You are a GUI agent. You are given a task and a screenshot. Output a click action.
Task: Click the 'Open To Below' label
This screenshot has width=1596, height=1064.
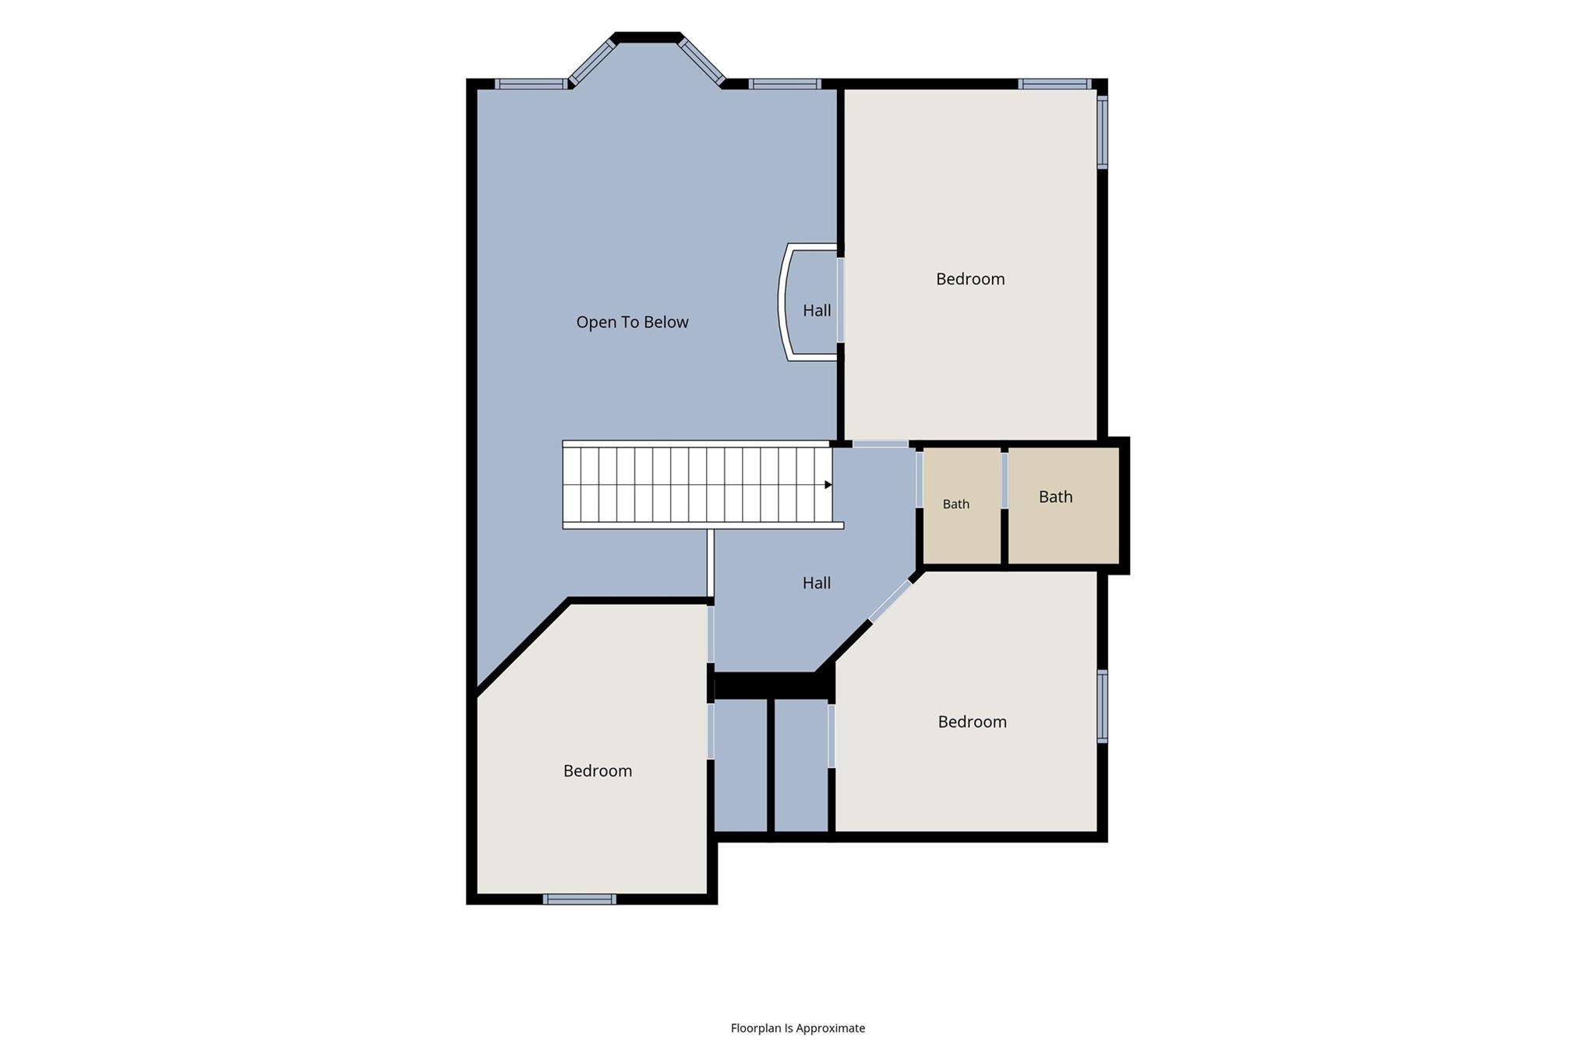(632, 322)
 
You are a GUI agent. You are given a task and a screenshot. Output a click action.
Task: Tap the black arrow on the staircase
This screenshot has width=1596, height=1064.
(828, 485)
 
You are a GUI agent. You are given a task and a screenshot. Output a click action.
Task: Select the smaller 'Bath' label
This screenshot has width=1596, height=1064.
(956, 504)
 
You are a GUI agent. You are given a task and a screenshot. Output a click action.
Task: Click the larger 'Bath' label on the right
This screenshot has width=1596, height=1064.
(1056, 497)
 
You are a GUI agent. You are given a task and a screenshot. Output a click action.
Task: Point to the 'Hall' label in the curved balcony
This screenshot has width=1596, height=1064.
(817, 310)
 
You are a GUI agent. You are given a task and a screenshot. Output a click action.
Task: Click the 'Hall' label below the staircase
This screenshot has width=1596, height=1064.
(817, 582)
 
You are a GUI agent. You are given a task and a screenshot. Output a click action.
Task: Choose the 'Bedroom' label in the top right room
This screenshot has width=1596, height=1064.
(970, 279)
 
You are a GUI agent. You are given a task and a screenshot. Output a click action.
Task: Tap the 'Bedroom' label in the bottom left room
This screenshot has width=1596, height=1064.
(598, 771)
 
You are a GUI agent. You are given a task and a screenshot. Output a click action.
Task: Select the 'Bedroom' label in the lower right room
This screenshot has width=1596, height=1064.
(973, 722)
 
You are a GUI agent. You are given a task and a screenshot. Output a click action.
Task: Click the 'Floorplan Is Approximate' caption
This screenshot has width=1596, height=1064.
(798, 1028)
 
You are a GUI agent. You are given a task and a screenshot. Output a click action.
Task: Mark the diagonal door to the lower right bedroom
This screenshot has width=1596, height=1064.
(890, 601)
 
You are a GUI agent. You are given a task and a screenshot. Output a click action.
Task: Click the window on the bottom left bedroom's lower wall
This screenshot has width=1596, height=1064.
(580, 899)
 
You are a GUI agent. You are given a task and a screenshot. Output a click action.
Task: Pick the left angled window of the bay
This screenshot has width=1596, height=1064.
(592, 62)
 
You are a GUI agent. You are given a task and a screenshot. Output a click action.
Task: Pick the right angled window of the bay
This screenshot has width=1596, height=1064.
(701, 61)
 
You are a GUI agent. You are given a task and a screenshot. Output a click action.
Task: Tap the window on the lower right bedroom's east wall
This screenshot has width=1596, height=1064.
(1102, 706)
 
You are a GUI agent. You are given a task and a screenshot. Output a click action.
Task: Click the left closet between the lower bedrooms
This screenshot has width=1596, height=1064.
(740, 765)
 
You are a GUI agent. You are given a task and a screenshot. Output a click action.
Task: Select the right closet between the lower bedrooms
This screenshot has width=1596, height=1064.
(801, 765)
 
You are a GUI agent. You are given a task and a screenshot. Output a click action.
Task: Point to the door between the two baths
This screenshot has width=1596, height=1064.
(1005, 481)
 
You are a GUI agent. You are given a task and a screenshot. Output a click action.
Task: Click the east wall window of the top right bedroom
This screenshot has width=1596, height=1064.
(1102, 132)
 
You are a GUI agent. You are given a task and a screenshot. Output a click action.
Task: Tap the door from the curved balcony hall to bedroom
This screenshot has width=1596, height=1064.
(841, 300)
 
